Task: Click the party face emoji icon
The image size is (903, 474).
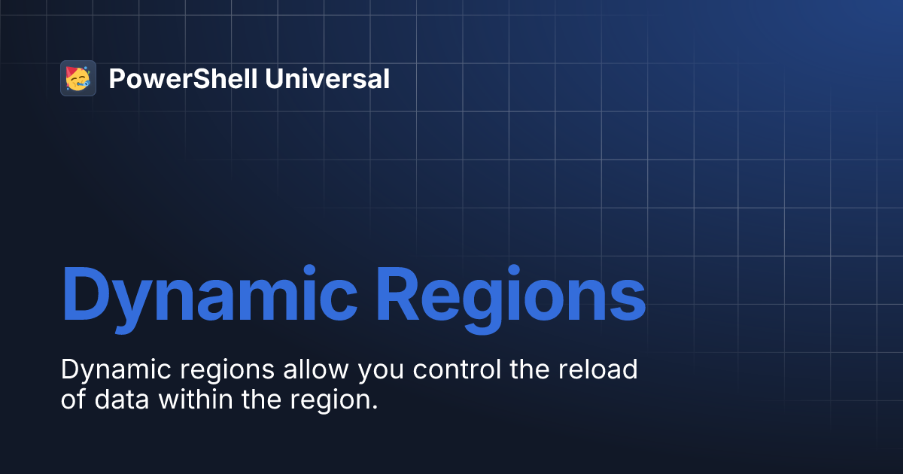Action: [x=78, y=78]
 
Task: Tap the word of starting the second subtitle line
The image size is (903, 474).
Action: [x=73, y=400]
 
